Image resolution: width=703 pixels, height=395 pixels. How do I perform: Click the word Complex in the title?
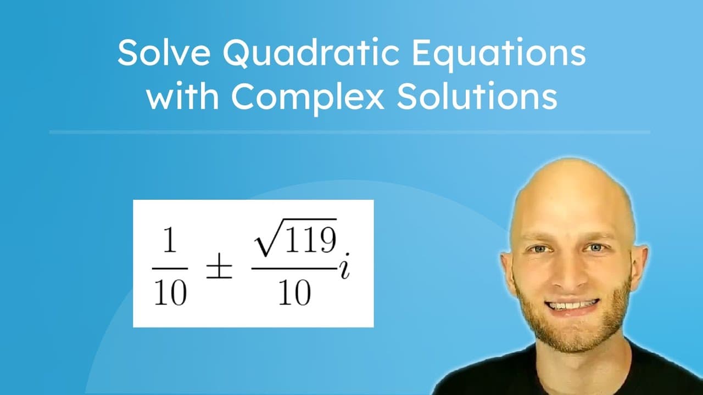tap(306, 98)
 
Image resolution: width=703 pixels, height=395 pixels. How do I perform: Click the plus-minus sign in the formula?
tap(219, 268)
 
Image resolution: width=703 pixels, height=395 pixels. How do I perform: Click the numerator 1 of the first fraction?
tap(170, 243)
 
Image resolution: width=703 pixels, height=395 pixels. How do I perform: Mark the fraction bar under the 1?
tap(170, 268)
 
